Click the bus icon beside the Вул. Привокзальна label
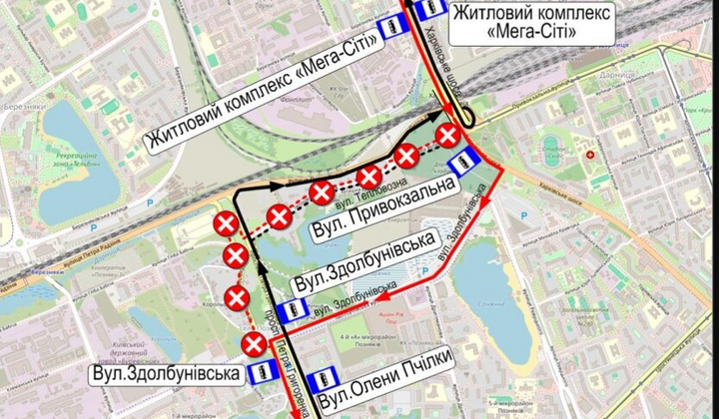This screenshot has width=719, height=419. coord(461,164)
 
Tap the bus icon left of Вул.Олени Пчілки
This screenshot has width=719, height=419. coord(323,381)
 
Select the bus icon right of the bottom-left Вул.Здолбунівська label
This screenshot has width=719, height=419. coord(260,374)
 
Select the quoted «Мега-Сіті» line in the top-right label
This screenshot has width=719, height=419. coord(518,32)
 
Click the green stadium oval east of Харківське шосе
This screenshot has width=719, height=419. coord(552,152)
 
